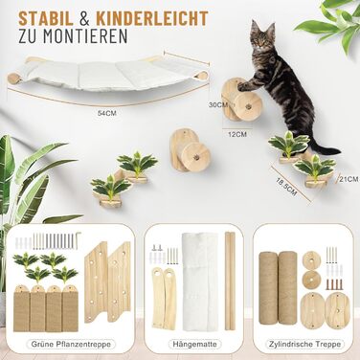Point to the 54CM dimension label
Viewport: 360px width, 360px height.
click(106, 113)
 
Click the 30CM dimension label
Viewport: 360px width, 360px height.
click(218, 104)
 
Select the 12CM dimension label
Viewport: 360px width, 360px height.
click(236, 134)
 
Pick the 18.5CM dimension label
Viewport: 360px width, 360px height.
click(286, 187)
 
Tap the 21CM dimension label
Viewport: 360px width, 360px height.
click(349, 179)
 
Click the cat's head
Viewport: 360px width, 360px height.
click(262, 35)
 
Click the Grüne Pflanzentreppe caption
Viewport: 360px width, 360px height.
click(71, 345)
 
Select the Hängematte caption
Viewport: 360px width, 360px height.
click(194, 345)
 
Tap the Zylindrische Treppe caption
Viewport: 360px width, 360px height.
click(304, 345)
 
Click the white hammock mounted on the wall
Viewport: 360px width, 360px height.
click(108, 75)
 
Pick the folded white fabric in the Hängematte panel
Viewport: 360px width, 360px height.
click(200, 281)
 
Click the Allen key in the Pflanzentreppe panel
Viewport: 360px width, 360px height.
click(79, 240)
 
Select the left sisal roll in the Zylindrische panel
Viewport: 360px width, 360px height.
click(268, 287)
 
